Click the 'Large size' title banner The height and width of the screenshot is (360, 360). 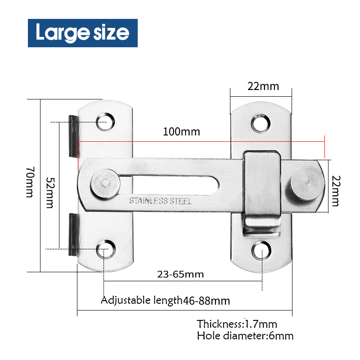[x=82, y=33]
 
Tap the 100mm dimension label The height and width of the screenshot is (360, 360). [x=181, y=132]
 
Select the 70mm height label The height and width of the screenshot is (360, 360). [x=29, y=182]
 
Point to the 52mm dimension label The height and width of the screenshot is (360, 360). [x=50, y=192]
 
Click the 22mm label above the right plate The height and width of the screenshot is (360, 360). [x=263, y=86]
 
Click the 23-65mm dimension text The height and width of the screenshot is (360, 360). [x=180, y=274]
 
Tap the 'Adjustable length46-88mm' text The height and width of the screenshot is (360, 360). [x=165, y=301]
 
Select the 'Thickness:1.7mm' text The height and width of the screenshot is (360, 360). [x=237, y=324]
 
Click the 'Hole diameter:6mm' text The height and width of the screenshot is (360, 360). [x=245, y=336]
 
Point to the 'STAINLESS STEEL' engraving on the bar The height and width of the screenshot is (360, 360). [x=160, y=201]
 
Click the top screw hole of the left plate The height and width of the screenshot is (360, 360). [x=105, y=121]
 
